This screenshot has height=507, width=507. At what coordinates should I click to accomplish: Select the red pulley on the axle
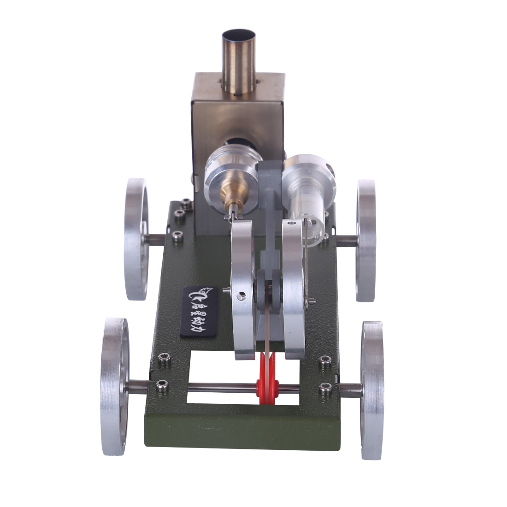point(267,385)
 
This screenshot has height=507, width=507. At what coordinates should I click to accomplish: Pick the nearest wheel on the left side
point(114,386)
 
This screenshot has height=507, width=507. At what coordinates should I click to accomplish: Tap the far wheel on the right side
point(366,241)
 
